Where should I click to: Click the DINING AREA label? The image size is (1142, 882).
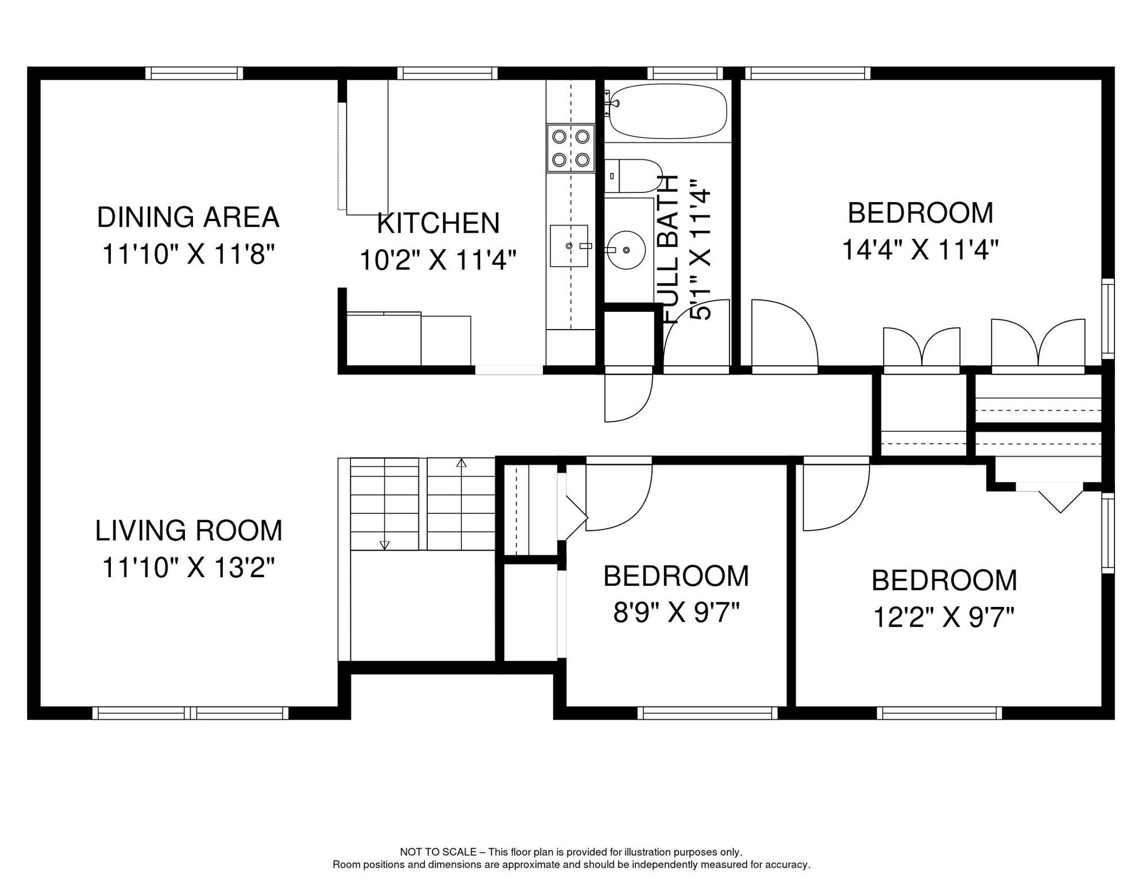(x=188, y=218)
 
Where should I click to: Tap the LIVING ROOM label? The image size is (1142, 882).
(x=188, y=531)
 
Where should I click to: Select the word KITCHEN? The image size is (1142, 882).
(x=438, y=223)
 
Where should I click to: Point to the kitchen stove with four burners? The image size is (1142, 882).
(x=570, y=148)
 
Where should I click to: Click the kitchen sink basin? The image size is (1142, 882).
(x=569, y=246)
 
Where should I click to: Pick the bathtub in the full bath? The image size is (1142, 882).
(x=668, y=111)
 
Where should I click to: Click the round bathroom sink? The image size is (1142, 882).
(x=626, y=250)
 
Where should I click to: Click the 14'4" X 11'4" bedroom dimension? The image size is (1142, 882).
(x=920, y=250)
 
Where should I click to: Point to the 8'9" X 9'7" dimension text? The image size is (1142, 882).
(x=676, y=613)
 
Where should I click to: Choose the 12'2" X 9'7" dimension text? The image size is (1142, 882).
(x=944, y=618)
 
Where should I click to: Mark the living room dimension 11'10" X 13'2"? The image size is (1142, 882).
(x=188, y=568)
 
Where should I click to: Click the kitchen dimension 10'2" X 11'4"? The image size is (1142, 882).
(x=438, y=260)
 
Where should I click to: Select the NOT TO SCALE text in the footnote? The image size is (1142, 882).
(x=438, y=852)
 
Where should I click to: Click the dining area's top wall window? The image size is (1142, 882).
(x=194, y=73)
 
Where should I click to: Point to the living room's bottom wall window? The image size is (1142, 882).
(x=191, y=713)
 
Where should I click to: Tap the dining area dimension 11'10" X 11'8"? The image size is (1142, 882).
(x=188, y=254)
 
